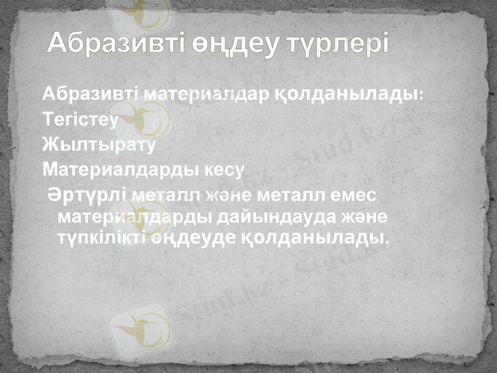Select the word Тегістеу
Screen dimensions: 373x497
(80, 119)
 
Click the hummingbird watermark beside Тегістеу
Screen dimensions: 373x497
(147, 115)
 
